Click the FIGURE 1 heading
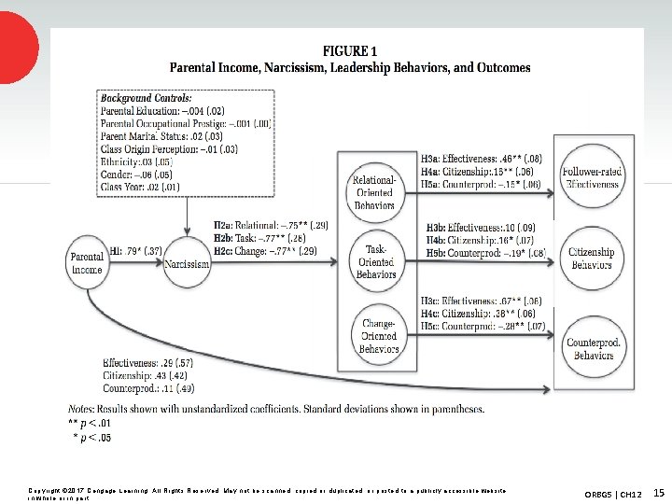(x=349, y=50)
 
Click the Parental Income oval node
(x=86, y=263)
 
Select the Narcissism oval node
(x=187, y=264)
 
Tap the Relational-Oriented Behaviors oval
(x=374, y=190)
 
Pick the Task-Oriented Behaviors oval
(x=374, y=261)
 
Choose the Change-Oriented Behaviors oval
(x=379, y=336)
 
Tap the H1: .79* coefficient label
(x=136, y=250)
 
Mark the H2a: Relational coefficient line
(x=271, y=225)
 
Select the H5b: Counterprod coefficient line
(x=485, y=252)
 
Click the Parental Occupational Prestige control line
(x=184, y=122)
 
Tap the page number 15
(x=658, y=491)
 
